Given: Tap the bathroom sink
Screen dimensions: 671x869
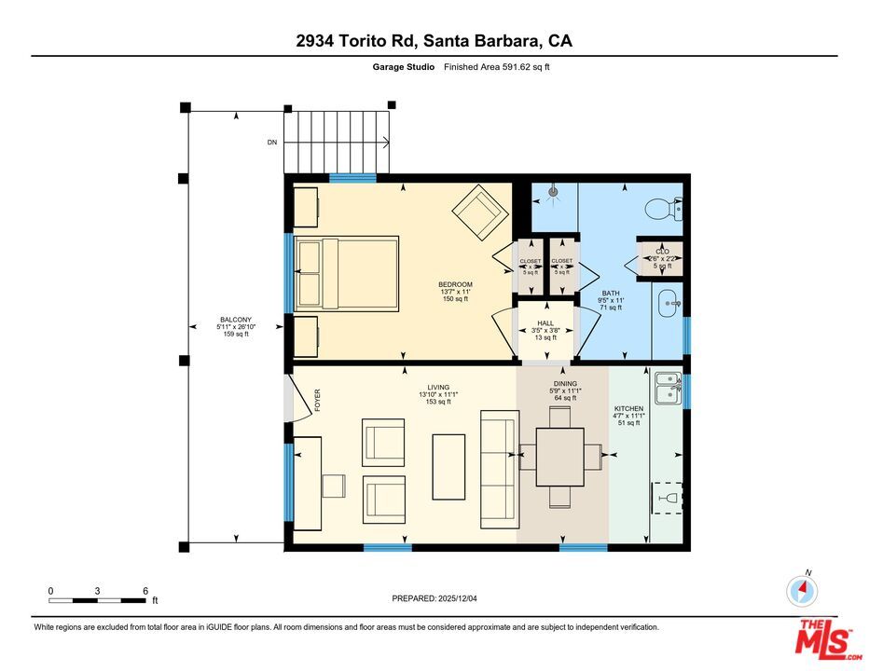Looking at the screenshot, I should pos(669,303).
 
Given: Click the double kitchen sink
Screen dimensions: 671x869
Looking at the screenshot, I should pos(668,389).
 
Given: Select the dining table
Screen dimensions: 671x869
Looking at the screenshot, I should pos(559,457).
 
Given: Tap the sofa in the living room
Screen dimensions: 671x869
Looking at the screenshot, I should pos(499,468).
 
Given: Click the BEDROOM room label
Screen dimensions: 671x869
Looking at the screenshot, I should pos(456,285).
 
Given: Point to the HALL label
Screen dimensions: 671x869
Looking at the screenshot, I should pos(545,323).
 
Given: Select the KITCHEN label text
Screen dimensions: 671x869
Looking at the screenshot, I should pos(628,409).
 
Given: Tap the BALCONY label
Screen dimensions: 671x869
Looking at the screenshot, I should pos(235,319).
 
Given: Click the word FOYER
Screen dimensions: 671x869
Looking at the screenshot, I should pos(317,400).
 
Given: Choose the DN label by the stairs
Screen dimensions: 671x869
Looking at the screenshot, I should pos(272,143).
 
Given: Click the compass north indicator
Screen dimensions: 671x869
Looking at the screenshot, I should pos(802,589).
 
